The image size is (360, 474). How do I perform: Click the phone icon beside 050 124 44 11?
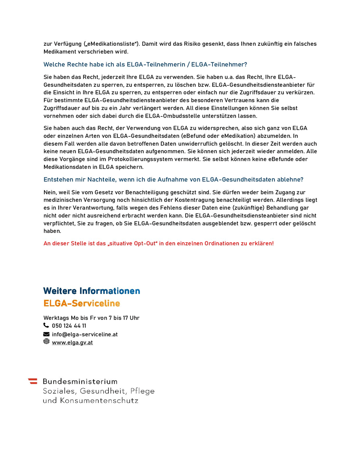[x=46, y=325]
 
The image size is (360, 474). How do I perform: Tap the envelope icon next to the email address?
[x=46, y=334]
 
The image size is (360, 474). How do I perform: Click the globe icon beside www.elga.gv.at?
[x=46, y=341]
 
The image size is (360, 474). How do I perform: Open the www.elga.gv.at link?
[x=72, y=343]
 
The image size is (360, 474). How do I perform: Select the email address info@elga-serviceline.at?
[x=85, y=334]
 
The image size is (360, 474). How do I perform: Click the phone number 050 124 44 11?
[x=69, y=326]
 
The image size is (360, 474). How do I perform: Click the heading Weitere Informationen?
[x=92, y=291]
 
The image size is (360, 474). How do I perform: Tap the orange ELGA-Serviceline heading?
[x=82, y=303]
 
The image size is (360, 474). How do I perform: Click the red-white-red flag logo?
[x=33, y=381]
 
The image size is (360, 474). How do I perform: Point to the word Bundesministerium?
[x=80, y=381]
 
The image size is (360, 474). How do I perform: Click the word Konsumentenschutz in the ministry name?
[x=99, y=401]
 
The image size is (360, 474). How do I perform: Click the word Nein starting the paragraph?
[x=50, y=192]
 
